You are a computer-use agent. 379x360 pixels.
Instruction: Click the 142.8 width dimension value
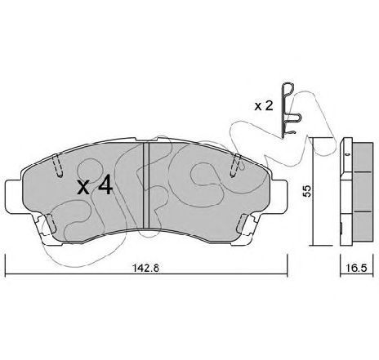tap(145, 268)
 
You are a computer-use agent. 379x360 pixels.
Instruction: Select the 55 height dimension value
tap(307, 191)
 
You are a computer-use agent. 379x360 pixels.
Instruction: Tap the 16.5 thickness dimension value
tap(357, 268)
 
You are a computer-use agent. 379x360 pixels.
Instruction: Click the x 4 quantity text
tap(95, 185)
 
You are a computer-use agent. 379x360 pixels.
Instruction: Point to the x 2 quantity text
tap(264, 106)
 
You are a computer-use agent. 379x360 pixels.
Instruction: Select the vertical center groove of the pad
tap(146, 185)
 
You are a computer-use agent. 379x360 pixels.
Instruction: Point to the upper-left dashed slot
tap(57, 166)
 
